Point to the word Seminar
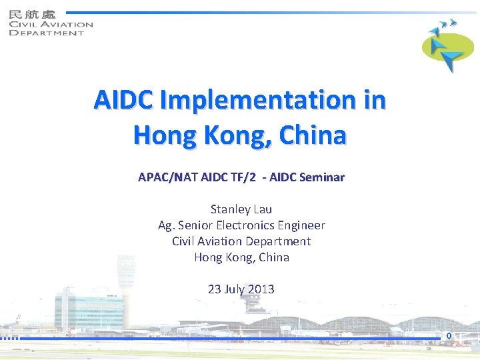[x=321, y=178]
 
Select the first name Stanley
[x=231, y=209]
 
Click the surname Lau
[x=262, y=209]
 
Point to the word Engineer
[x=301, y=225]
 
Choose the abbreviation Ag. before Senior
[x=165, y=225]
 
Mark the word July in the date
[x=236, y=289]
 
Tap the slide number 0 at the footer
[x=449, y=335]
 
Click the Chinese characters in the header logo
[x=33, y=13]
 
